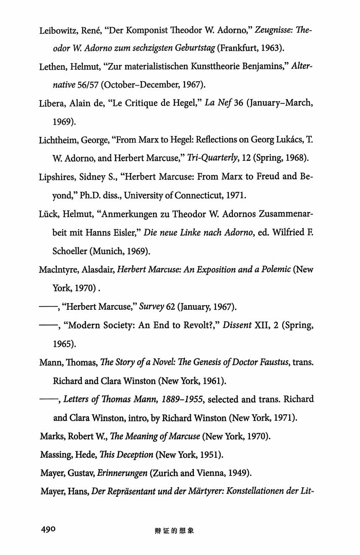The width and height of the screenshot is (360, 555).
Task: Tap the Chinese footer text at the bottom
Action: pos(174,531)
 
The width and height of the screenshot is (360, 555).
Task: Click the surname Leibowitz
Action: pos(57,31)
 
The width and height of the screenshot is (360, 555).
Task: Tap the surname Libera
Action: pos(51,103)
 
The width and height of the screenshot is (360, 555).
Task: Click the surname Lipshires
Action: pos(57,177)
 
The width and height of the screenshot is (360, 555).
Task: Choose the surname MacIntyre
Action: pos(58,269)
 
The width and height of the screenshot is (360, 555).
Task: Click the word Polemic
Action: pos(275,269)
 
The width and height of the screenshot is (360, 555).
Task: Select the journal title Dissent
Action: pos(238,326)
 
